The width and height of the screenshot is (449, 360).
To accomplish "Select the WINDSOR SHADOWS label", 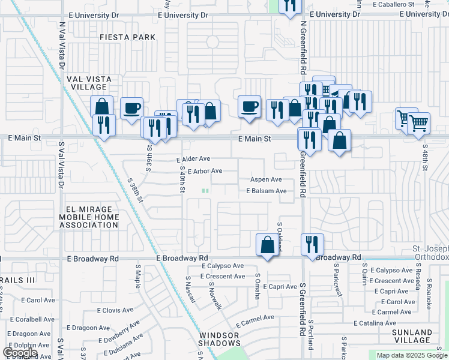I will (220, 339).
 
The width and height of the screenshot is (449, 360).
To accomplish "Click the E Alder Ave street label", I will (193, 159).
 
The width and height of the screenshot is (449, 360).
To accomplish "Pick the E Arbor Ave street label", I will (205, 171).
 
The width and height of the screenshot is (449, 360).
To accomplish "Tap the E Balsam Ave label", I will (266, 191).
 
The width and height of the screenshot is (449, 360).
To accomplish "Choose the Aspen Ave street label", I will (266, 179).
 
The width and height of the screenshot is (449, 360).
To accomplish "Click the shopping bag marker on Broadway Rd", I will (267, 245).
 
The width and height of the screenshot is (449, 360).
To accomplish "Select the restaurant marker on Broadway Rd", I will (312, 245).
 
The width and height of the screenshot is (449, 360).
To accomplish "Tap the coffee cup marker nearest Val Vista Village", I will (131, 109).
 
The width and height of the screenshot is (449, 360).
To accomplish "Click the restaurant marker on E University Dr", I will (291, 6).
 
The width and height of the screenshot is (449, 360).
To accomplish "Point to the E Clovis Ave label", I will (118, 311).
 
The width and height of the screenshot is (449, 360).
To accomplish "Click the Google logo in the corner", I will (20, 353).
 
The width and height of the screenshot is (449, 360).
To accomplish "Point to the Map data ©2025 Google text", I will (412, 355).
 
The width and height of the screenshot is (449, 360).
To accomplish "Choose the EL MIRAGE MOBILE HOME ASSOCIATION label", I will (88, 217).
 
